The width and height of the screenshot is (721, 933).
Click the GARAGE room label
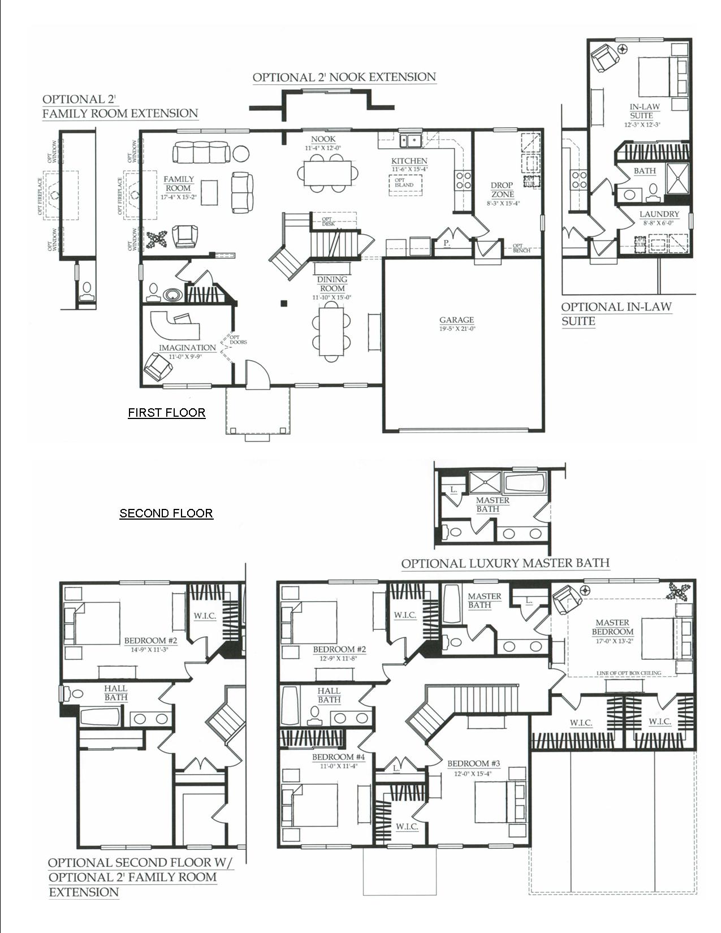point(456,320)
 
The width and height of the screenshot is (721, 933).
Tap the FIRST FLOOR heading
point(166,413)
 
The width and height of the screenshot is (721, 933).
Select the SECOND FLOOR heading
point(166,513)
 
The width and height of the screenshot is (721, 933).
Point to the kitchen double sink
point(410,140)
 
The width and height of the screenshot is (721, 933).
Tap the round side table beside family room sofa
point(241,153)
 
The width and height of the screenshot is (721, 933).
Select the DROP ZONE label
point(502,189)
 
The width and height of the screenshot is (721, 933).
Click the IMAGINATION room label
point(187,348)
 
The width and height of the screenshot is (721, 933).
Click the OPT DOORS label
point(238,340)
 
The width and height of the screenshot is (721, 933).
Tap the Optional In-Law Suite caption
point(616,314)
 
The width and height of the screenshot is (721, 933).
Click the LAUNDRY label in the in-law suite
point(659,214)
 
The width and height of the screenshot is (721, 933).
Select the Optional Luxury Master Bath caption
point(505,563)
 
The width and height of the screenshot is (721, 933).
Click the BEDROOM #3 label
point(473,764)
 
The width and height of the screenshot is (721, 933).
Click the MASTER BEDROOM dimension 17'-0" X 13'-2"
point(612,641)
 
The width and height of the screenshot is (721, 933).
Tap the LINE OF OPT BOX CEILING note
point(628,673)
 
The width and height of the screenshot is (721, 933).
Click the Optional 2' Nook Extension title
point(344,77)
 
